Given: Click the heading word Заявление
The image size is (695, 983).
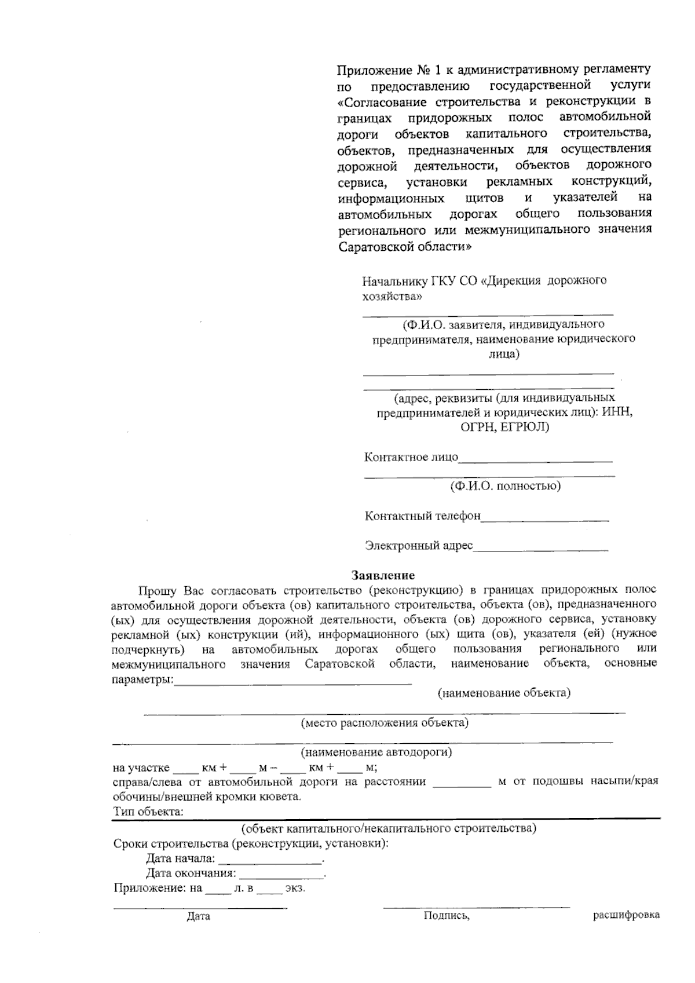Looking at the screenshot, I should click(383, 575).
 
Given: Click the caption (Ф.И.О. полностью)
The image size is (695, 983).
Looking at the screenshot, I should click(505, 486).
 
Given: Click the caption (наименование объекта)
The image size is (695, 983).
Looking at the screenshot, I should click(504, 693).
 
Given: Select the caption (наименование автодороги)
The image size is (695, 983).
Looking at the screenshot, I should click(376, 752).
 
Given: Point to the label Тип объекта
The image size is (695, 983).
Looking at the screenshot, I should click(148, 812).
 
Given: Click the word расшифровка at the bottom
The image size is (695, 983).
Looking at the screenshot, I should click(626, 915).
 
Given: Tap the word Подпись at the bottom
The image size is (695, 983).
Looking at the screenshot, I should click(445, 916).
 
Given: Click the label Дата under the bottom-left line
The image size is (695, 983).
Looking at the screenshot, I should click(198, 916).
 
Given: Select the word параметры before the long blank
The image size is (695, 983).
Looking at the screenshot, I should click(141, 679).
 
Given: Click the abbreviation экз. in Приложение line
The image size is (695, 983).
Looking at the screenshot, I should click(295, 889).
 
